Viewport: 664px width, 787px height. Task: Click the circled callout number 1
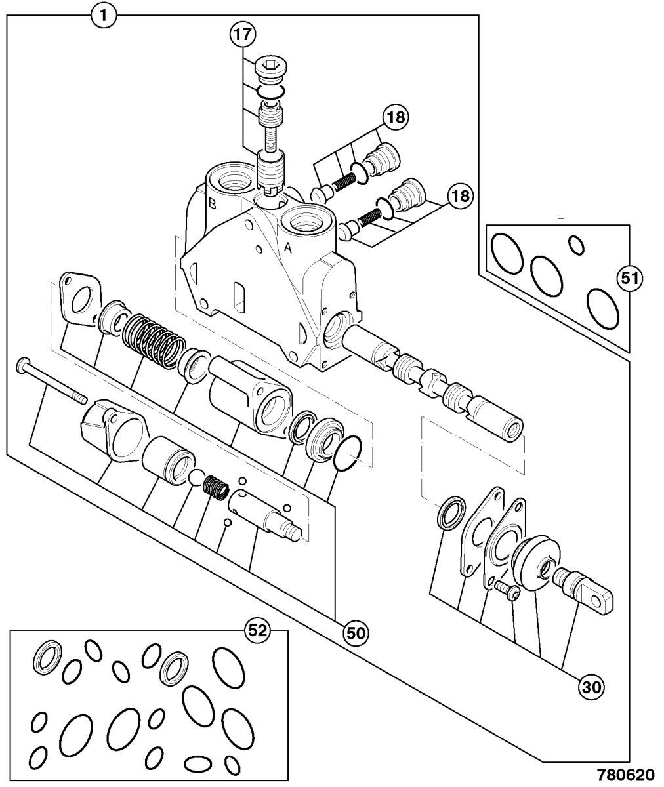104,16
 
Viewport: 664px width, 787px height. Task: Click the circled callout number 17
243,35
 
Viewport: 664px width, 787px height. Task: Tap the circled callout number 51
630,279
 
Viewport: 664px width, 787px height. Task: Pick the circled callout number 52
258,630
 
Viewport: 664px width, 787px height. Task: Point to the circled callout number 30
591,687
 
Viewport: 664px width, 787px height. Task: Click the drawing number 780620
625,774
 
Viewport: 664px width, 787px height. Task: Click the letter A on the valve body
288,248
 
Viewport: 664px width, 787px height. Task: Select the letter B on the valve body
213,204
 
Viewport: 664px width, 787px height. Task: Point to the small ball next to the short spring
196,477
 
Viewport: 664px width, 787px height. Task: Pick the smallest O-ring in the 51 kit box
577,245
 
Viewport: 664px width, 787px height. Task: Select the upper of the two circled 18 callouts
396,117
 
